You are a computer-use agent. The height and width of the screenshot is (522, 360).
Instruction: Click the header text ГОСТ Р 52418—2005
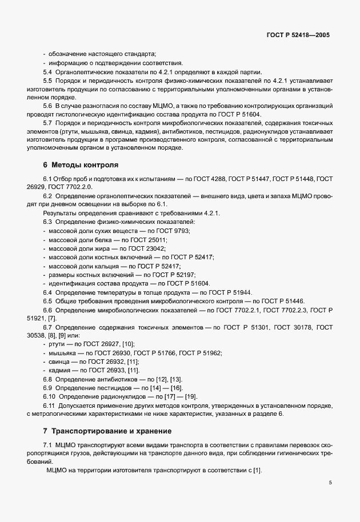pos(298,35)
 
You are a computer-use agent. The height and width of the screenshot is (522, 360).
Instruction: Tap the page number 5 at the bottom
pos(330,483)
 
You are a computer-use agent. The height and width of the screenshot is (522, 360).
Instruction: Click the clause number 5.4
pos(47,72)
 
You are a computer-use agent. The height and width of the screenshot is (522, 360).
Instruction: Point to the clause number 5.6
pos(47,107)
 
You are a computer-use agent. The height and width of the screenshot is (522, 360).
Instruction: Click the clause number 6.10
pos(49,396)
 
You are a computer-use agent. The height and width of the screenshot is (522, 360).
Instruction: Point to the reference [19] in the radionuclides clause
pos(190,396)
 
